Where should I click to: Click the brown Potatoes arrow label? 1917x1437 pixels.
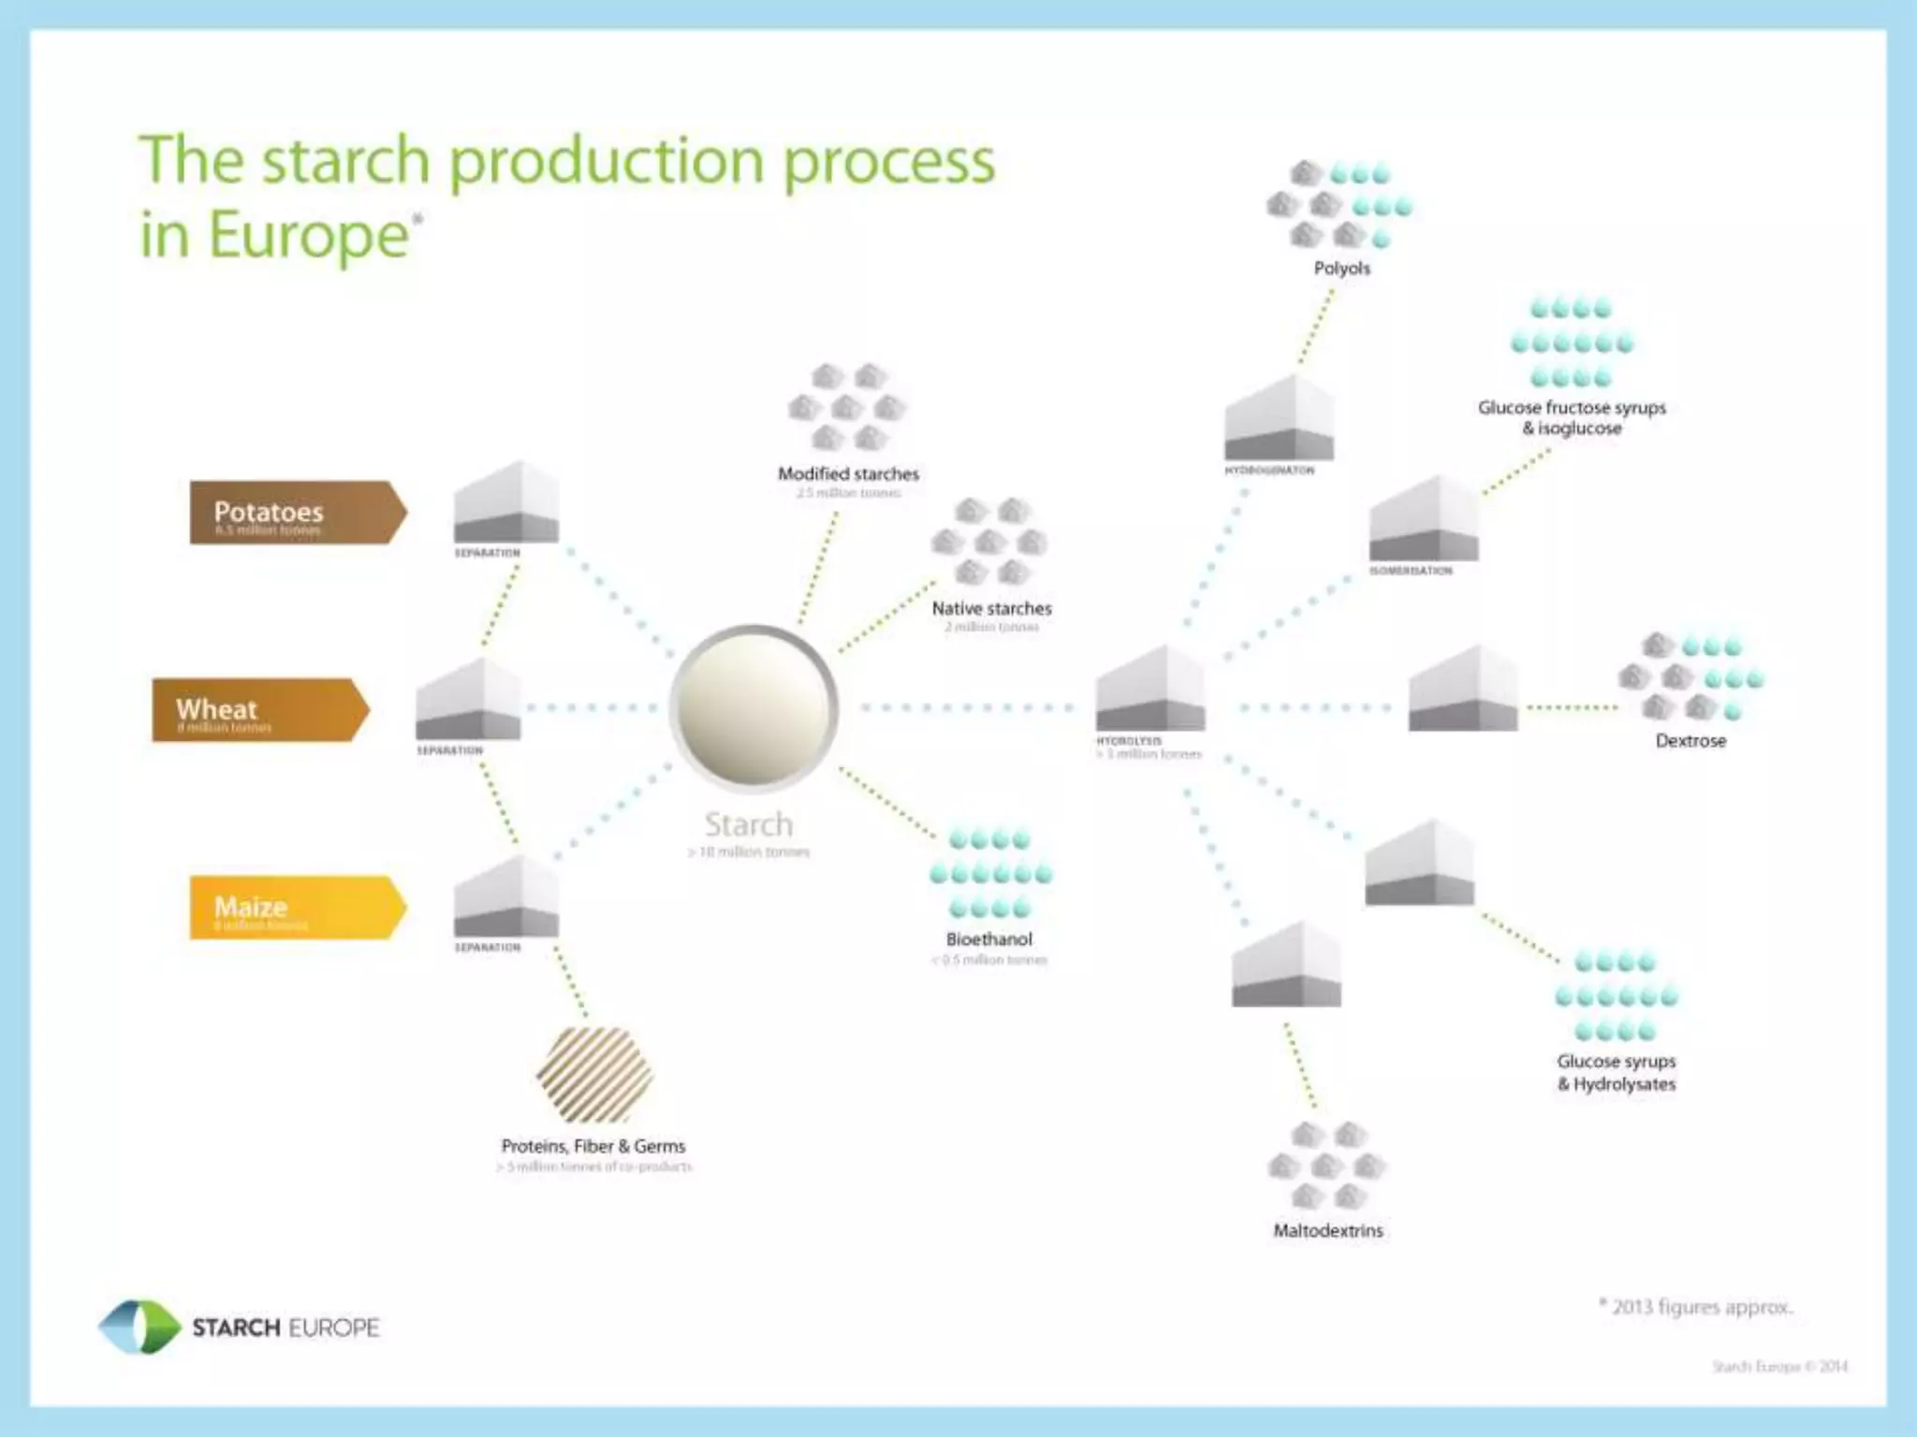point(298,513)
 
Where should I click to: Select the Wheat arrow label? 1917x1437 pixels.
point(260,710)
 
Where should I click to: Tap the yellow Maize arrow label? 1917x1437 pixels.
point(298,907)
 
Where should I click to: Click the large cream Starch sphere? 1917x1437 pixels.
point(754,706)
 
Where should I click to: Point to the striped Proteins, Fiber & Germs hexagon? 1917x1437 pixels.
point(594,1074)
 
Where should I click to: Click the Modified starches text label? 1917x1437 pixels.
point(848,474)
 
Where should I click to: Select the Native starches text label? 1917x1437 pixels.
point(991,608)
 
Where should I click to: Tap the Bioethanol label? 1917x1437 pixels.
point(988,939)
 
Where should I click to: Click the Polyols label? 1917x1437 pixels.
point(1341,269)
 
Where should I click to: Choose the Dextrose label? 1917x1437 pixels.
point(1690,741)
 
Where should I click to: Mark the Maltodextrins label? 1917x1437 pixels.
point(1327,1231)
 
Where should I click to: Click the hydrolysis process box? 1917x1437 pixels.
point(1150,689)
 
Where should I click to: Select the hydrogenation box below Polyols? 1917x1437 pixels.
point(1279,418)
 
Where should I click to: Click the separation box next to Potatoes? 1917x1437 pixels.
point(506,502)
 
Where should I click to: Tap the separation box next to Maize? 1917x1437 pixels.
point(506,897)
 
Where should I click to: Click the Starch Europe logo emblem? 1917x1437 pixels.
point(139,1327)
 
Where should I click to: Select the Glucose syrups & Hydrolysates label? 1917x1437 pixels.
point(1617,1073)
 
